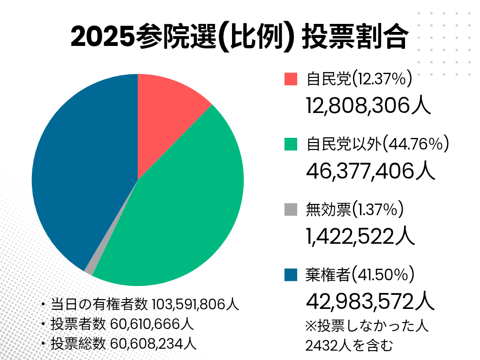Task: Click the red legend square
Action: tap(291, 79)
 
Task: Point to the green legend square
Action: tap(291, 144)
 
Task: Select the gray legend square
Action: tap(291, 210)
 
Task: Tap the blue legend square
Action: tap(291, 275)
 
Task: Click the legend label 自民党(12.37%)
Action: tap(359, 79)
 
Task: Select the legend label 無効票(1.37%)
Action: tap(354, 210)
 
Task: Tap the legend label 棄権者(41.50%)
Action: tap(359, 275)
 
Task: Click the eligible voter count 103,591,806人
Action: tap(196, 304)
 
